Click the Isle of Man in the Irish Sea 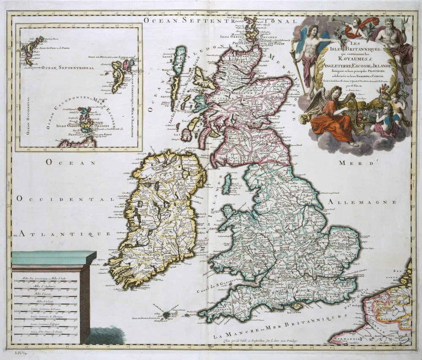point(227,184)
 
